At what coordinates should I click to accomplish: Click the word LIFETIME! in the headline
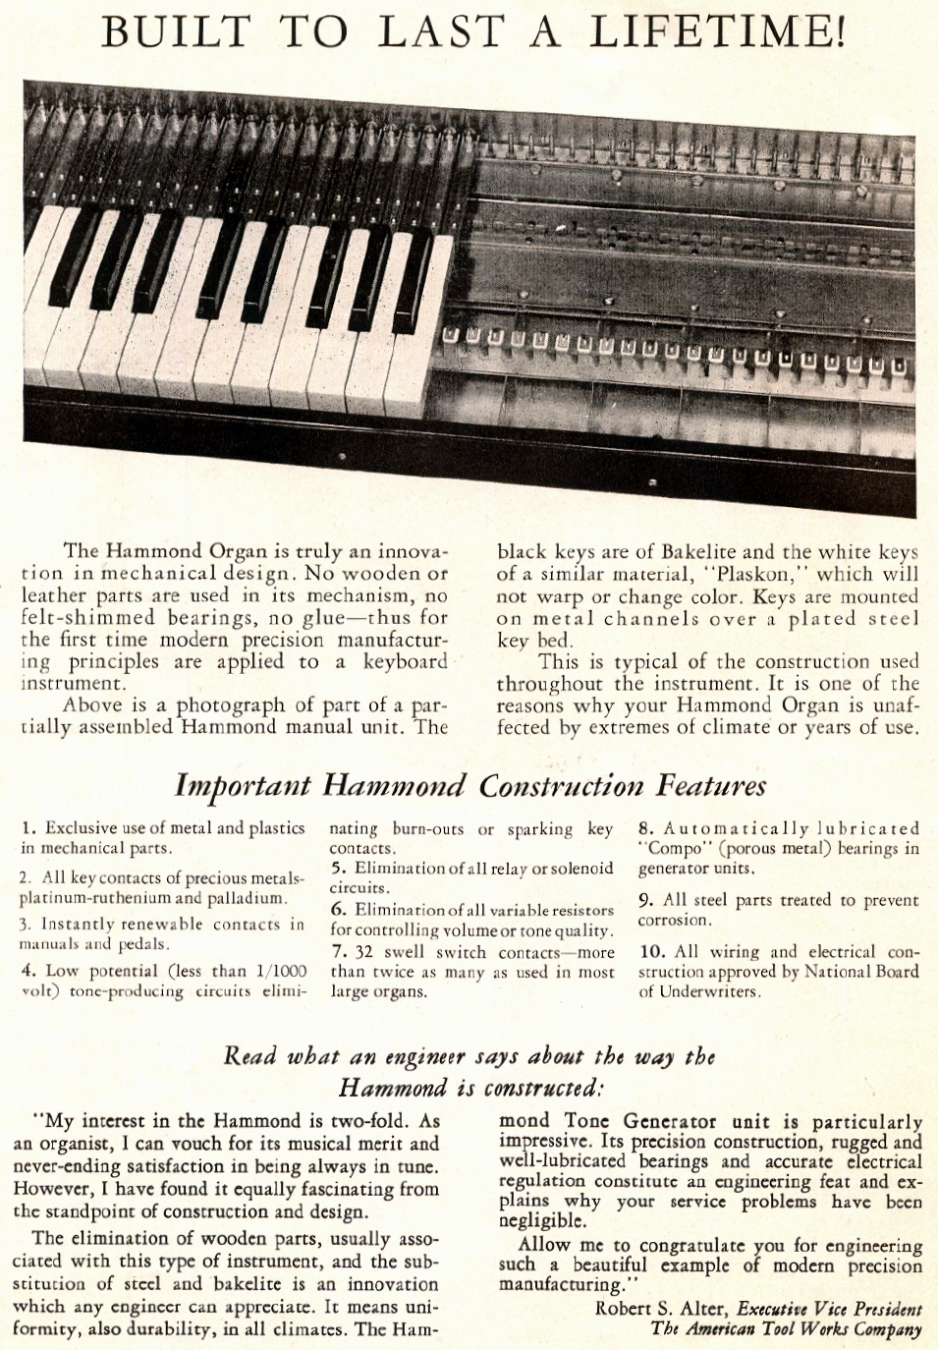pyautogui.click(x=716, y=31)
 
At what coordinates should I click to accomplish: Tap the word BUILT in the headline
pyautogui.click(x=177, y=31)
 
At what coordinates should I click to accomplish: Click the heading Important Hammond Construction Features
pyautogui.click(x=469, y=785)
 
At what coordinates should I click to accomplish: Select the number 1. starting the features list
pyautogui.click(x=28, y=828)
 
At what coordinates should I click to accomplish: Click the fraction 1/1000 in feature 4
pyautogui.click(x=280, y=971)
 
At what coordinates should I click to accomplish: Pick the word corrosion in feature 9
pyautogui.click(x=674, y=921)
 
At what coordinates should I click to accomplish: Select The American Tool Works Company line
pyautogui.click(x=786, y=1328)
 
